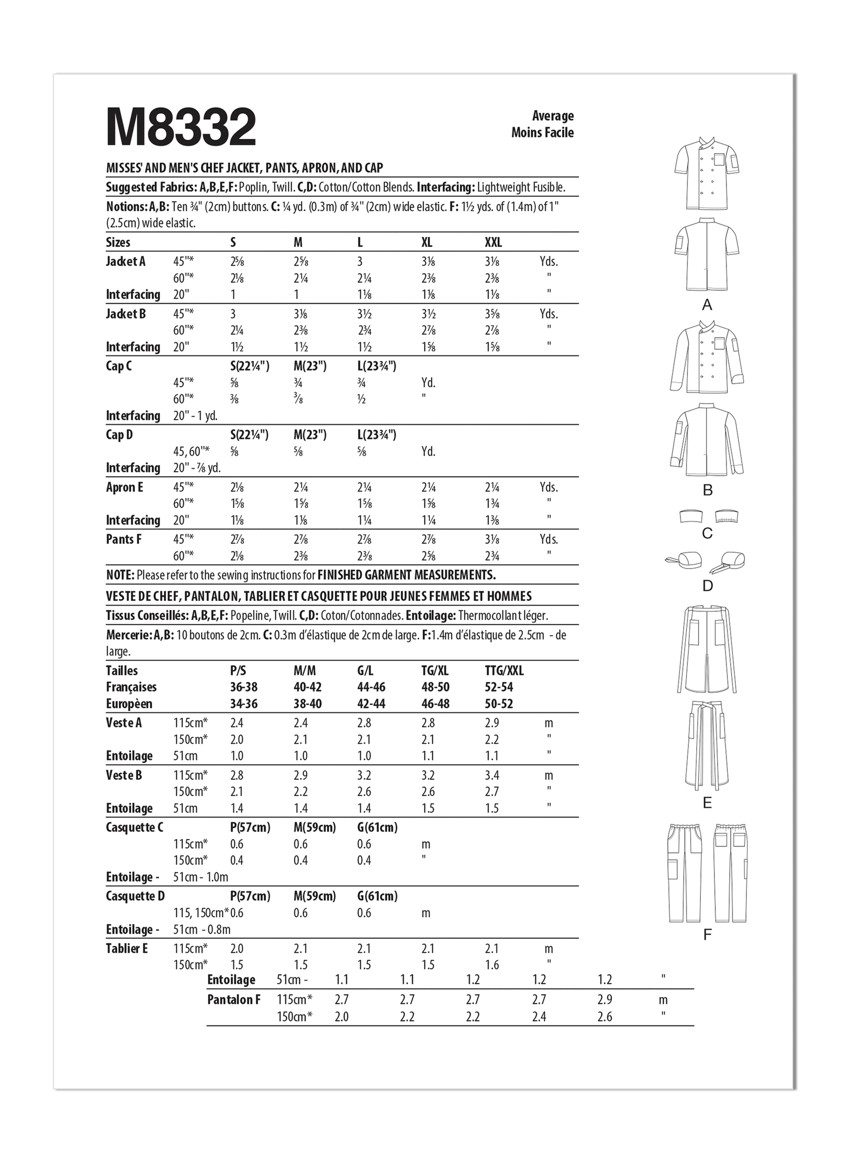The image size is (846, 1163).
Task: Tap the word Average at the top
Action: [553, 116]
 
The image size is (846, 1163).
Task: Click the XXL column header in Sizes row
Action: [493, 243]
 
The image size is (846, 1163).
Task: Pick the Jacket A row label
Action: [126, 262]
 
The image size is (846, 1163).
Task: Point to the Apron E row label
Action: [124, 487]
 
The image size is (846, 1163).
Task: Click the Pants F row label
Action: [123, 539]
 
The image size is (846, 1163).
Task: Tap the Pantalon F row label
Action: [233, 1000]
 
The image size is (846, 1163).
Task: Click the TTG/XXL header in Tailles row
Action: [504, 671]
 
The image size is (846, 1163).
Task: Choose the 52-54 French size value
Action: [499, 687]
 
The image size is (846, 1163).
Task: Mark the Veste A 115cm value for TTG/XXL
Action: [493, 723]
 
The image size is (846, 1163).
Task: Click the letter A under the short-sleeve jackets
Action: [707, 306]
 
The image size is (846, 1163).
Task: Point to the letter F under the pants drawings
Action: [707, 935]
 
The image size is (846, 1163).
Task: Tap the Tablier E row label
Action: [127, 949]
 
